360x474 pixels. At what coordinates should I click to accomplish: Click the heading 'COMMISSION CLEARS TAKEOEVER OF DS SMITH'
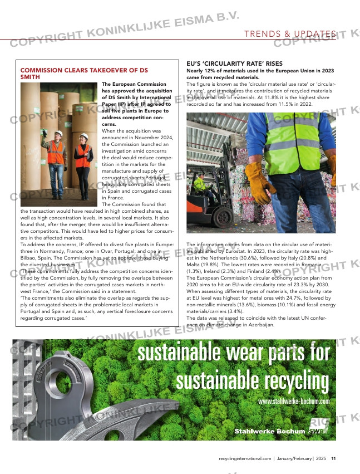pyautogui.click(x=83, y=74)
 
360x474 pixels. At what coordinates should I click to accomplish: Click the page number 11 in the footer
pyautogui.click(x=333, y=458)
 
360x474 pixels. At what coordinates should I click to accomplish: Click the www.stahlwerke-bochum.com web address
pyautogui.click(x=294, y=401)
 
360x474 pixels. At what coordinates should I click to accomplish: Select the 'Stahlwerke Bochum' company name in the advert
pyautogui.click(x=269, y=431)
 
